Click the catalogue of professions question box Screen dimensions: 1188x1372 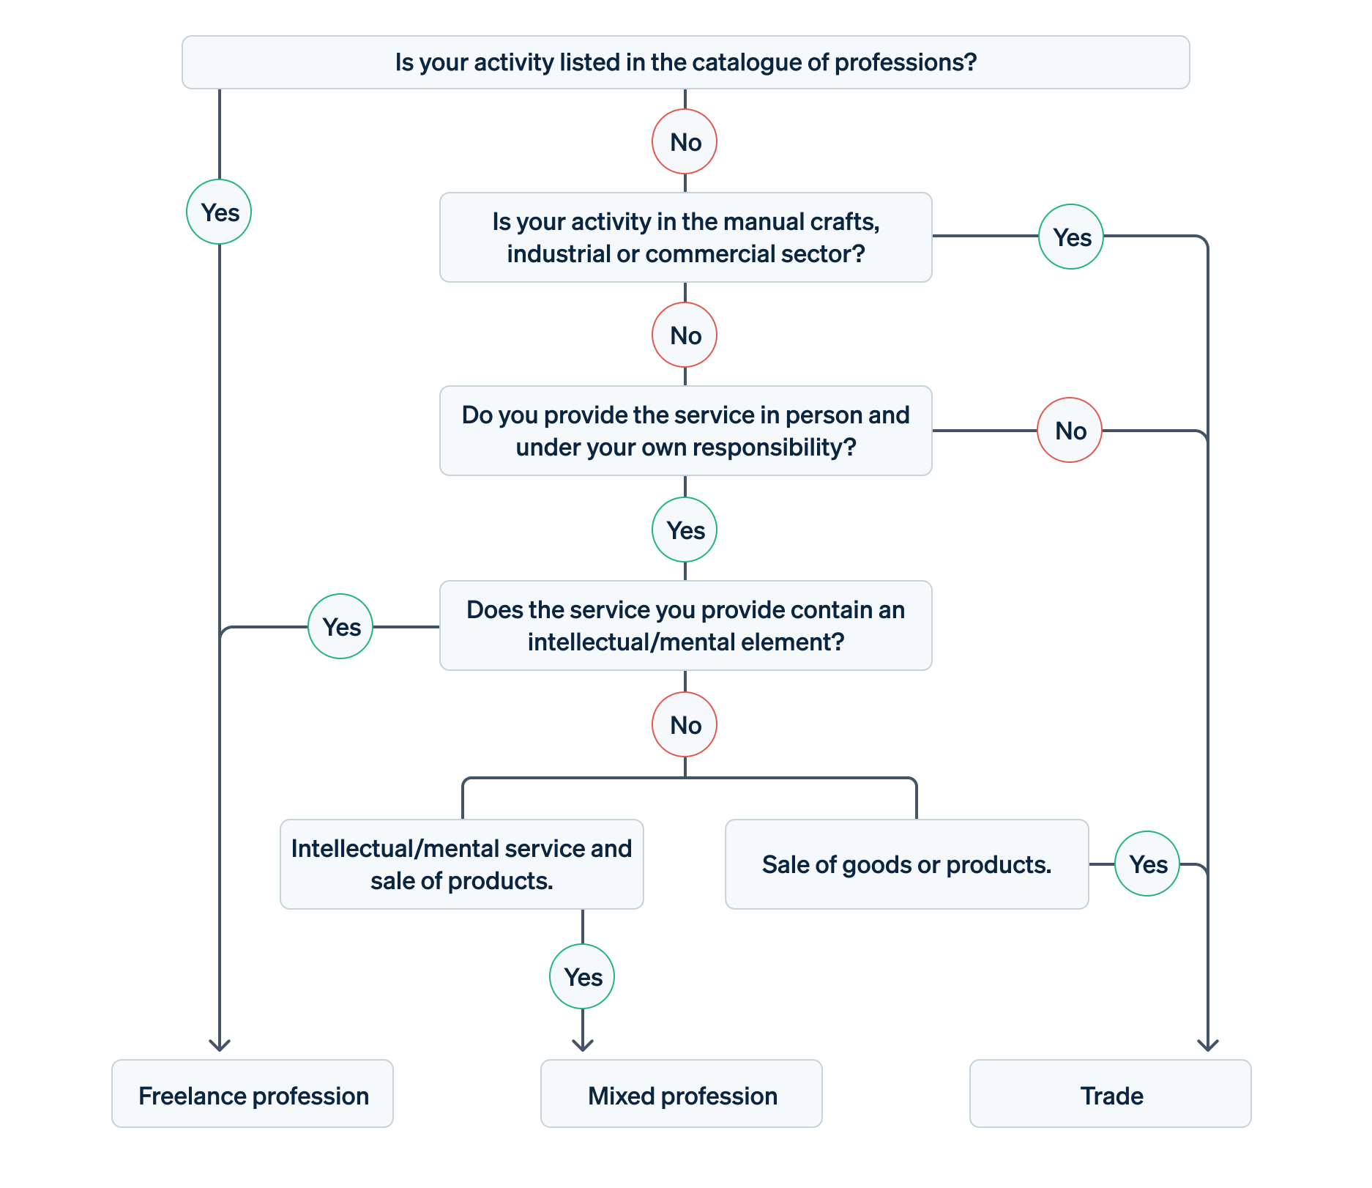685,62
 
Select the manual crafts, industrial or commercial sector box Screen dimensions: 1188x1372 685,237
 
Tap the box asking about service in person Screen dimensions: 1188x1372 685,431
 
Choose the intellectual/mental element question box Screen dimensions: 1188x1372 685,625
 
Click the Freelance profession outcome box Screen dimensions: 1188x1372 253,1094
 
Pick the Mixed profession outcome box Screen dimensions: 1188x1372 681,1094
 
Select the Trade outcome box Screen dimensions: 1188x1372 1110,1094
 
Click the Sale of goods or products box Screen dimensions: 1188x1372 906,864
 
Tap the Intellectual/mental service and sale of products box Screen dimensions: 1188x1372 461,864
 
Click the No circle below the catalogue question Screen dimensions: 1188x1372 685,141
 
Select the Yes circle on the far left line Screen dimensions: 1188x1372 219,212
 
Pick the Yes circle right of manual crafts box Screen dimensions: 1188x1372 1071,237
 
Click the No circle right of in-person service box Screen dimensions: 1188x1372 1070,430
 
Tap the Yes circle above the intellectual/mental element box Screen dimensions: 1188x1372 685,530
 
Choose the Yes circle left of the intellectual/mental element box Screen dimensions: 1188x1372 340,626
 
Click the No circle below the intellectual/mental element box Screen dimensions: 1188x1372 685,724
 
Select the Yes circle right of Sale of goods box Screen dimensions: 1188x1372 1147,864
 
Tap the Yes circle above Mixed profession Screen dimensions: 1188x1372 582,976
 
